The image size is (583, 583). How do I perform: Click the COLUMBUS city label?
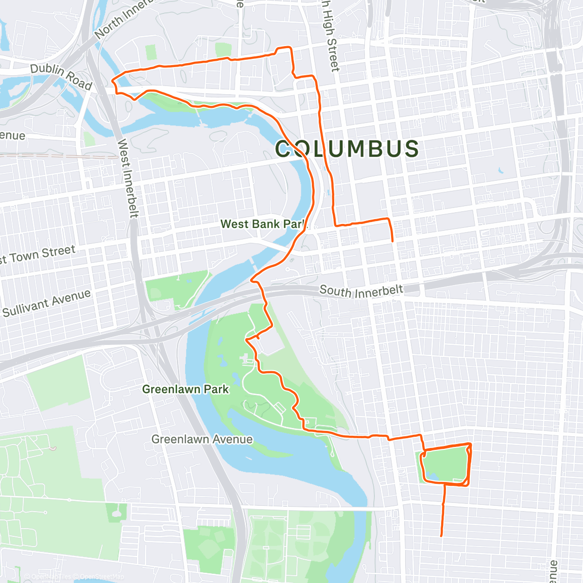pyautogui.click(x=347, y=149)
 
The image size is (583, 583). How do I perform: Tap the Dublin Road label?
pyautogui.click(x=61, y=77)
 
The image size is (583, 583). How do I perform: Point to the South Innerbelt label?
pyautogui.click(x=361, y=291)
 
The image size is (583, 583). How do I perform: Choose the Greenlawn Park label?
pyautogui.click(x=185, y=389)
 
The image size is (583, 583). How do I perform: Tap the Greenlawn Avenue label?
pyautogui.click(x=202, y=439)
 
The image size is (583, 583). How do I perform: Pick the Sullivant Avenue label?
pyautogui.click(x=47, y=303)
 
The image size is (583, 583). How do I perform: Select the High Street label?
pyautogui.click(x=329, y=36)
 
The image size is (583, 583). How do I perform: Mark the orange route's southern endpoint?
pyautogui.click(x=441, y=536)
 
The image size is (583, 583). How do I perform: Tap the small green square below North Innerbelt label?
pyautogui.click(x=151, y=52)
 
